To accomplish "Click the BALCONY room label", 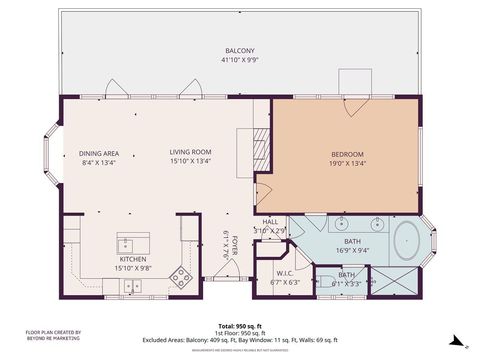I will click(239, 50).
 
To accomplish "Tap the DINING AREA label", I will click(98, 153).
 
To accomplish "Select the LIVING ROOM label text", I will click(189, 152).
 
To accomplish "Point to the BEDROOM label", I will click(347, 153).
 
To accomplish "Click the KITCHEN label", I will click(133, 258).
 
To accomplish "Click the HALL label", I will click(270, 222).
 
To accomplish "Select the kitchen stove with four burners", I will click(180, 276).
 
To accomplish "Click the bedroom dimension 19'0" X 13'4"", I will click(347, 163).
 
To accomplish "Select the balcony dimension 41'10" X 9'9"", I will click(239, 59).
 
